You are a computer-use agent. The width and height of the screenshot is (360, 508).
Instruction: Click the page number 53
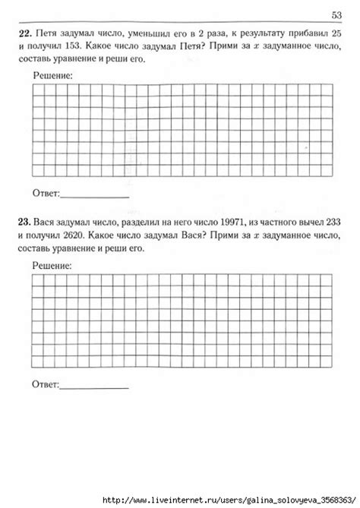point(336,16)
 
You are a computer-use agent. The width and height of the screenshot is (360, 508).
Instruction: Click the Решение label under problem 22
point(53,76)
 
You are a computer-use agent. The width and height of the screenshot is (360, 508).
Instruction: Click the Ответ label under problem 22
point(46,193)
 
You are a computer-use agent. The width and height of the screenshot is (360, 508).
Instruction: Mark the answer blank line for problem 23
point(94,389)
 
